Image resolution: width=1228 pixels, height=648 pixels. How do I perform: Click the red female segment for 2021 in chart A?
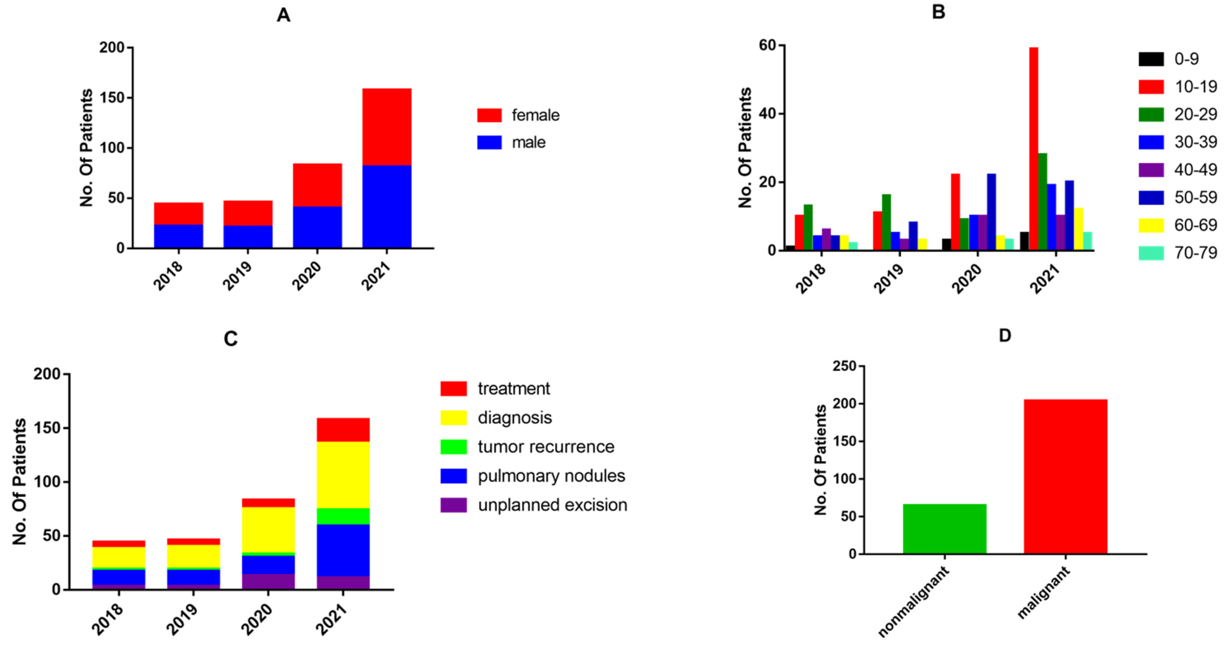[x=387, y=127]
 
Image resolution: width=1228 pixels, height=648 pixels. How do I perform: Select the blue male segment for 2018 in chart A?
[x=178, y=236]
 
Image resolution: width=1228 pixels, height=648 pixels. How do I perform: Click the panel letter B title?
[x=938, y=12]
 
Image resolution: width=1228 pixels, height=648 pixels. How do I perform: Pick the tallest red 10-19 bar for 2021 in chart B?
[x=1034, y=148]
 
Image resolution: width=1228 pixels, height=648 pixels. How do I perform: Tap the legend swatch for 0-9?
[x=1151, y=59]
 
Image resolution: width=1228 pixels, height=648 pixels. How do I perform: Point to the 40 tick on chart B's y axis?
[x=767, y=114]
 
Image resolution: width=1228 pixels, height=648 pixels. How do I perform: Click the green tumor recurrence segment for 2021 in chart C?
[x=343, y=516]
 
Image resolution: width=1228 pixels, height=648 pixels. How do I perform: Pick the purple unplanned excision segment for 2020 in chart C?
[x=268, y=581]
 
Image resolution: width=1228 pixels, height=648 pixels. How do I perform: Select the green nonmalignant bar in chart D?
[x=944, y=529]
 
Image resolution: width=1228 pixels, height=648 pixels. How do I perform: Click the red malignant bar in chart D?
[x=1065, y=476]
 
